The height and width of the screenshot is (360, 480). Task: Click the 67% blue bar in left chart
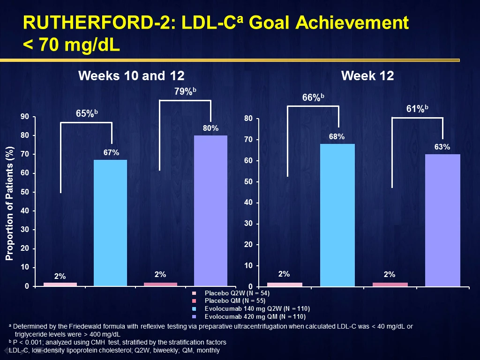pos(110,223)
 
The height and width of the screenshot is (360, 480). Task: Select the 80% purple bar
pos(210,210)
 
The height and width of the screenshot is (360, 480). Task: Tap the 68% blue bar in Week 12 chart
pos(337,215)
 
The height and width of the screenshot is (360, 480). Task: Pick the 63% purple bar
pos(442,220)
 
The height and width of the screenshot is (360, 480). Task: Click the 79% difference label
pos(185,91)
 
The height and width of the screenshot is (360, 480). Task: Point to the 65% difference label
pos(87,113)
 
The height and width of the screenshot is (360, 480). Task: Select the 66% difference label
pos(313,97)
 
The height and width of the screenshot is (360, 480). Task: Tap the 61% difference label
pos(417,109)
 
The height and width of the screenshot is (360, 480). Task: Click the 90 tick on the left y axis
pos(25,117)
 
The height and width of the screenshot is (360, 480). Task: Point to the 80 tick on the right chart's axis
pos(248,119)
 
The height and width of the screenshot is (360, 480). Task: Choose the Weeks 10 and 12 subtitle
pos(131,75)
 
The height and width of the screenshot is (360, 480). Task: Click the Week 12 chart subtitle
pos(367,75)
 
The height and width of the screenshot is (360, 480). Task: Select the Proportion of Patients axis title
pos(9,203)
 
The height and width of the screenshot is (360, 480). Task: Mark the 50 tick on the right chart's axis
pos(248,181)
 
